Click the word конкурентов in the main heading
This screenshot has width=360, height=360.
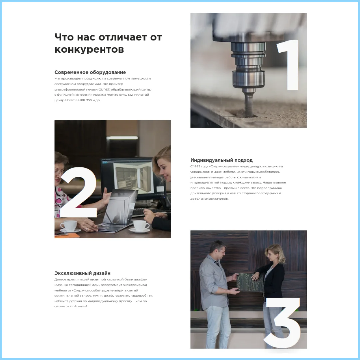(x=89, y=49)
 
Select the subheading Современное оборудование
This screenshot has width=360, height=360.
(x=90, y=72)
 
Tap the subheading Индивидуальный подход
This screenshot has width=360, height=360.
(x=222, y=160)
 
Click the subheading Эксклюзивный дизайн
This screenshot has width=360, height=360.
(x=82, y=273)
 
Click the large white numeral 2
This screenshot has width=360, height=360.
(x=78, y=192)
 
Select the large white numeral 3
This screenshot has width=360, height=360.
(x=282, y=323)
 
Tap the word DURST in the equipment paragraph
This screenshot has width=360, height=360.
(x=104, y=89)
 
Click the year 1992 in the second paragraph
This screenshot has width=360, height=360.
(x=197, y=166)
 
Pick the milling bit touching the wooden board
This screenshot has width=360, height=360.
(x=249, y=103)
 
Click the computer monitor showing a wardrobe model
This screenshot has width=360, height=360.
(x=133, y=178)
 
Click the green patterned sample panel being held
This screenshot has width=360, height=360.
(x=250, y=282)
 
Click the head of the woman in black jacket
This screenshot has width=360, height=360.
(x=275, y=254)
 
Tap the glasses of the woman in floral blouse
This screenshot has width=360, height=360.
(x=59, y=171)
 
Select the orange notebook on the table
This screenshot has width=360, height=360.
(x=67, y=235)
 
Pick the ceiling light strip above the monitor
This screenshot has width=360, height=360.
(x=122, y=138)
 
